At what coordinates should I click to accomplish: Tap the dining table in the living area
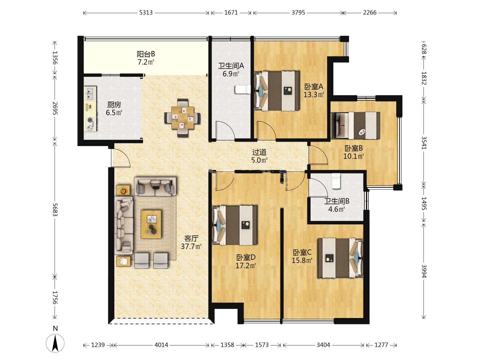[183, 118]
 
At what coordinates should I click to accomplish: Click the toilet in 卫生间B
[336, 181]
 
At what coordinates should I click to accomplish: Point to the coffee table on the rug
[151, 224]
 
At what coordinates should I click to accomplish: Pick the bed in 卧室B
[356, 125]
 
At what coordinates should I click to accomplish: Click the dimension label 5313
[146, 13]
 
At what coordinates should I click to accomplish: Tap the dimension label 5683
[55, 210]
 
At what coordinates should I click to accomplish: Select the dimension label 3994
[424, 271]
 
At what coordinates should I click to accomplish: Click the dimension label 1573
[262, 345]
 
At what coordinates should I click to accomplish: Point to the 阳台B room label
[146, 54]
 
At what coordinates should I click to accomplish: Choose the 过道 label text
[259, 152]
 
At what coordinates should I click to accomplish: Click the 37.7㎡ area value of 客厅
[191, 246]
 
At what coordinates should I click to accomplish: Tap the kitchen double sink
[90, 93]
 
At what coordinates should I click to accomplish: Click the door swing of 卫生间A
[225, 130]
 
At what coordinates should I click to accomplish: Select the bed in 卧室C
[340, 258]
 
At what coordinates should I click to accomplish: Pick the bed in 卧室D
[235, 225]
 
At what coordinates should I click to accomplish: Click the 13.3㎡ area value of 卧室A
[314, 95]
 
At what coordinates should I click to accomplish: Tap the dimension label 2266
[370, 13]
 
